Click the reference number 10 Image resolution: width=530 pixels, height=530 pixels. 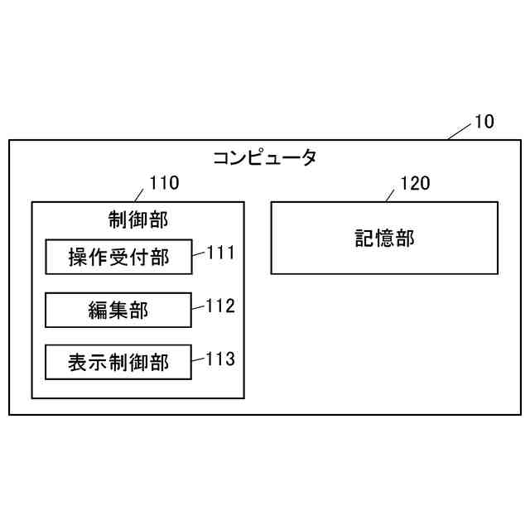[x=484, y=123]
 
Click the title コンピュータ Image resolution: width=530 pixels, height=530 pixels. [x=264, y=157]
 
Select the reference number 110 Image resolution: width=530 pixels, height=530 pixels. [x=163, y=184]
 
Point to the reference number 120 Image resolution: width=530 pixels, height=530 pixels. [x=415, y=183]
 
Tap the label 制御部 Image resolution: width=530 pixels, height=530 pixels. [x=137, y=219]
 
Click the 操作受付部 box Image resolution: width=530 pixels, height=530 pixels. [x=118, y=258]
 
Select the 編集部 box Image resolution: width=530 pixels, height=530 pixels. [x=118, y=310]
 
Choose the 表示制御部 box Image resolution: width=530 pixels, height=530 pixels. [x=118, y=362]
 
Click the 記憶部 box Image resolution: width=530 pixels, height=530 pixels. [x=384, y=238]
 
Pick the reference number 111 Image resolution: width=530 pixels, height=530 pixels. [x=220, y=253]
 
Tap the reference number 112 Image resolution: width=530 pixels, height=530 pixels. [x=220, y=306]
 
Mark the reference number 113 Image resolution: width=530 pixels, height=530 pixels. [x=220, y=359]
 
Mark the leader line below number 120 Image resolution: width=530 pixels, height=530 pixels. [x=390, y=195]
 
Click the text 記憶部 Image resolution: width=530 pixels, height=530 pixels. [x=384, y=238]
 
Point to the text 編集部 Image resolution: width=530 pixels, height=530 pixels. [x=118, y=310]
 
